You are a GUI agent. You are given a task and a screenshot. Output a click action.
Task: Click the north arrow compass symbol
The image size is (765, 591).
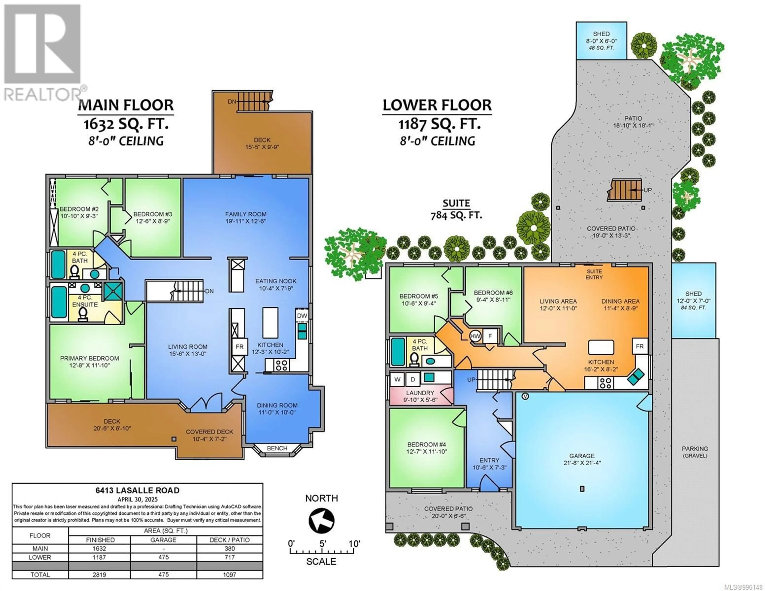(321, 521)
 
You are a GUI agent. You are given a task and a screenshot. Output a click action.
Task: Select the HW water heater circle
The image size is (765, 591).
(475, 336)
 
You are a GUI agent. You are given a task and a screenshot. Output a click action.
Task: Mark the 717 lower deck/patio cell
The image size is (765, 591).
(230, 557)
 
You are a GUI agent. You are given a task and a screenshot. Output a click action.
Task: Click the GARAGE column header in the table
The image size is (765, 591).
(164, 540)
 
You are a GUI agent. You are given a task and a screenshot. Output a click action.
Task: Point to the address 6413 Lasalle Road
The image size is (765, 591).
(137, 490)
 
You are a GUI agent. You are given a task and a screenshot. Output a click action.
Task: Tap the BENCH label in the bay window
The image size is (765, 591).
(277, 448)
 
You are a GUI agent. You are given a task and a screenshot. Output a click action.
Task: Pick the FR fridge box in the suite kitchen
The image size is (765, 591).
(640, 346)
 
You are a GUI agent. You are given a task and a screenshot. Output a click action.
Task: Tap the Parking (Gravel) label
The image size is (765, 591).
(695, 452)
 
